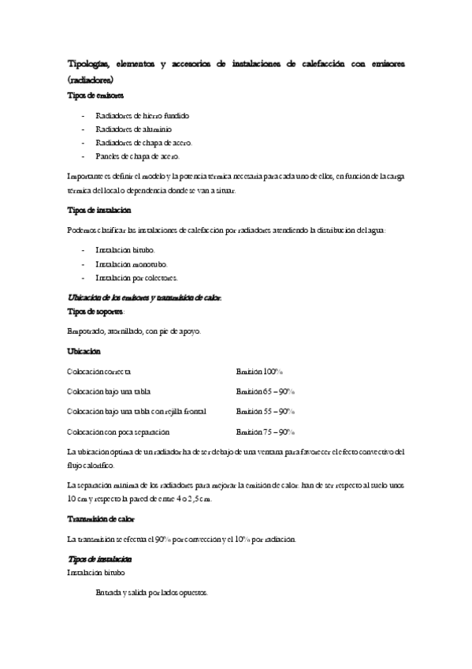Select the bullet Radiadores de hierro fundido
(x=142, y=115)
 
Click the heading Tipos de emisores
(x=96, y=95)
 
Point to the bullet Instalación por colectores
(x=137, y=278)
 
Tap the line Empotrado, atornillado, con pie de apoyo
(x=135, y=331)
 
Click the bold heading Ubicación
(x=84, y=350)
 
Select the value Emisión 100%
(x=259, y=371)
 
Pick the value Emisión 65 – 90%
(x=265, y=391)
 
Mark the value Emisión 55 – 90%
(x=265, y=412)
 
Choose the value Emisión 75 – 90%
(x=265, y=432)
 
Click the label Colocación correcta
(x=100, y=371)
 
